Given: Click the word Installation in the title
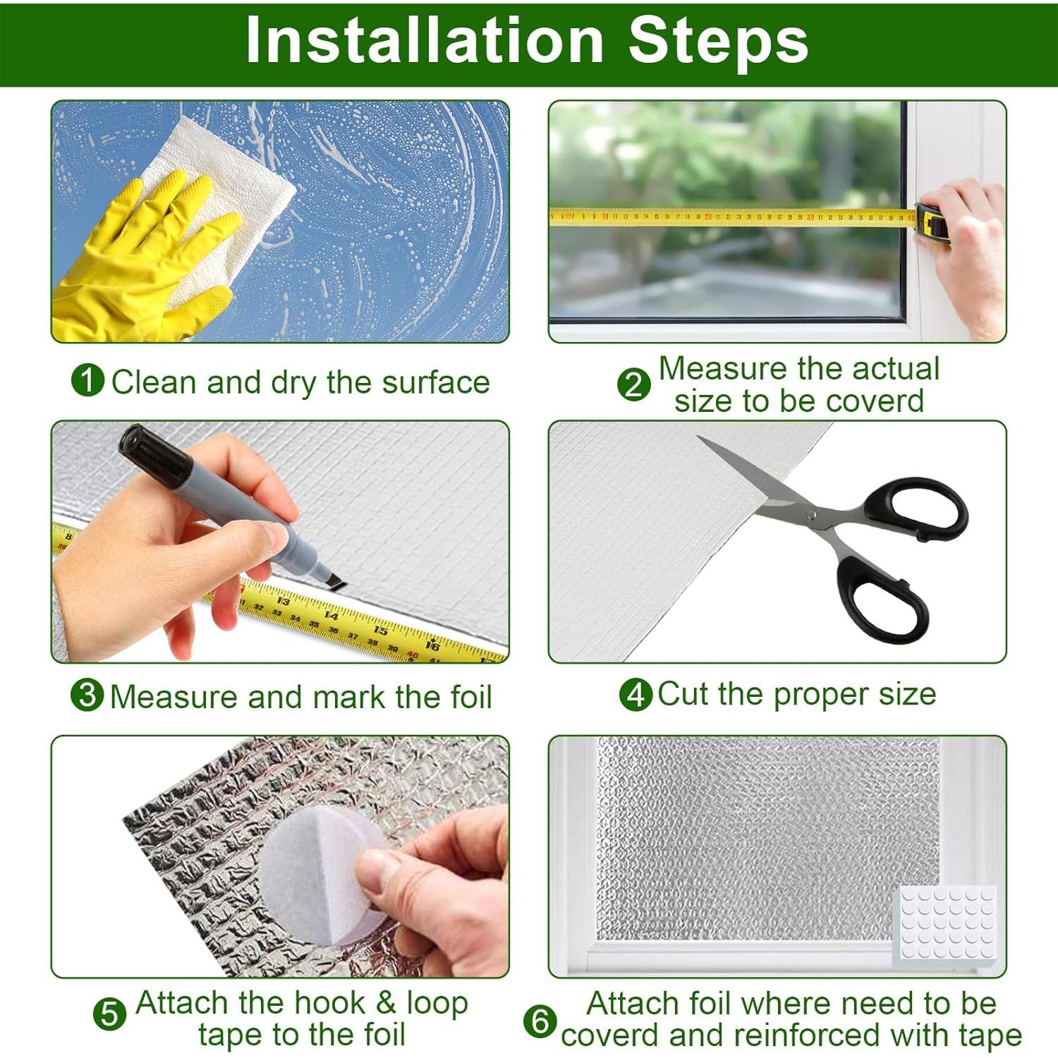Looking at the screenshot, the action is click(425, 40).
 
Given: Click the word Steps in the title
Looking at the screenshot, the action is click(718, 40).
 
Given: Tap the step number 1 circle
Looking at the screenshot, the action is click(88, 380).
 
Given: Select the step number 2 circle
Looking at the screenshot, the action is click(634, 385).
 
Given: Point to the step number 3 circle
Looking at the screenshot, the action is click(87, 695).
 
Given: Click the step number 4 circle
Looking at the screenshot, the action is click(636, 695).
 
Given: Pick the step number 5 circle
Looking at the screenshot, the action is click(110, 1015).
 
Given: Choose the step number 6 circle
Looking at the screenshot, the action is click(540, 1021).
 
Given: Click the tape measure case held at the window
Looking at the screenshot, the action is click(932, 223).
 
